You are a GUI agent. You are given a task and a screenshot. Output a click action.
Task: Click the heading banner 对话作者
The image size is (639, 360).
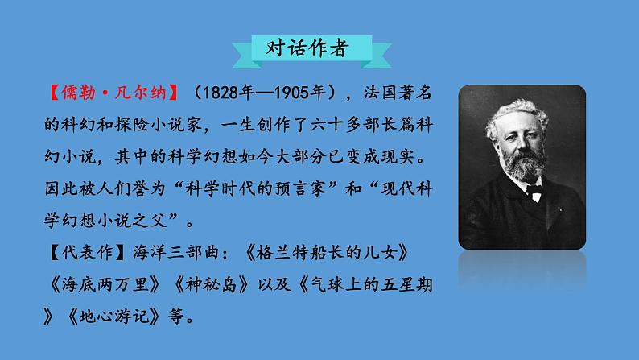pos(308,48)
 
